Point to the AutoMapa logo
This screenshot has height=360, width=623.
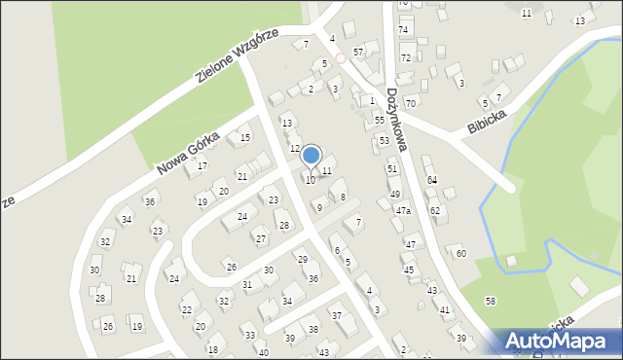(x=561, y=342)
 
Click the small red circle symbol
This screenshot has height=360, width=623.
(x=341, y=58)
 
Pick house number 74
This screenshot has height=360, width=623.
(x=403, y=30)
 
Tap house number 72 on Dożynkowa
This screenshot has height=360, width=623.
(x=406, y=58)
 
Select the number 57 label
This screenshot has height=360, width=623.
(x=358, y=51)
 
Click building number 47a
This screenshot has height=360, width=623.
(x=403, y=211)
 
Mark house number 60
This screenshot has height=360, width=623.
(x=460, y=253)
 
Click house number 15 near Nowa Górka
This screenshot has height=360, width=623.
(x=244, y=138)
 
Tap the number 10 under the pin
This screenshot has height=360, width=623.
(x=311, y=180)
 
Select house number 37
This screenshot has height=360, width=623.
(x=337, y=315)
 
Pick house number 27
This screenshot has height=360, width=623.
(x=260, y=238)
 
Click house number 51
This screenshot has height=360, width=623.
(x=392, y=169)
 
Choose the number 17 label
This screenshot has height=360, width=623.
(x=202, y=166)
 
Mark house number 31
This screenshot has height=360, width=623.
(x=248, y=285)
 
